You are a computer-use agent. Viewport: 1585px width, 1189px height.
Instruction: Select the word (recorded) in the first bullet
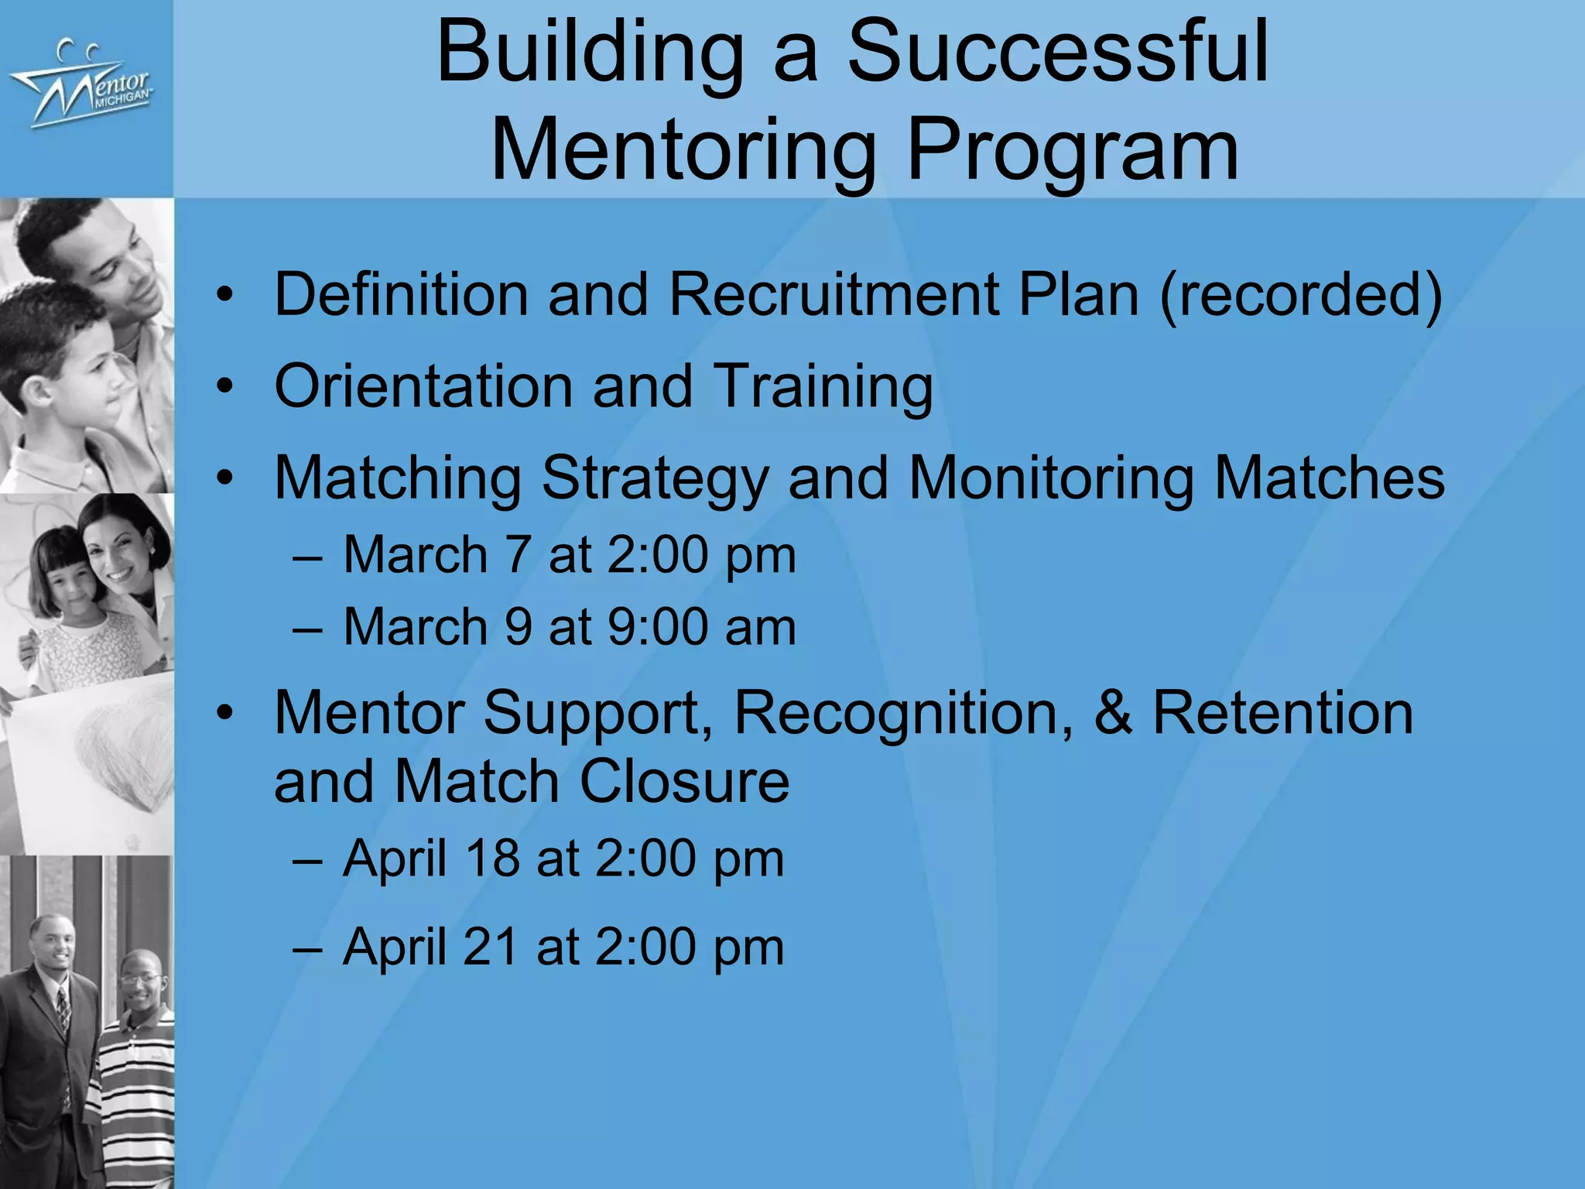[x=1300, y=295]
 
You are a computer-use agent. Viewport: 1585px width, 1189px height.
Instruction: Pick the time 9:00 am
[x=701, y=626]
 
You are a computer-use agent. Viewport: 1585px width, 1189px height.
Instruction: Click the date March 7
[x=438, y=555]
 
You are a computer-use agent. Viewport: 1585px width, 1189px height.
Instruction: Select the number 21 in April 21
[x=491, y=946]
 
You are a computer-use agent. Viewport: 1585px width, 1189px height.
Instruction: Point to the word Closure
[x=684, y=781]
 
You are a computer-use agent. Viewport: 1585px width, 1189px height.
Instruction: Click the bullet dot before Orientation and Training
[x=224, y=386]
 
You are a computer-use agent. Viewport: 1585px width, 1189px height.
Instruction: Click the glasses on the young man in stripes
[x=141, y=980]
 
